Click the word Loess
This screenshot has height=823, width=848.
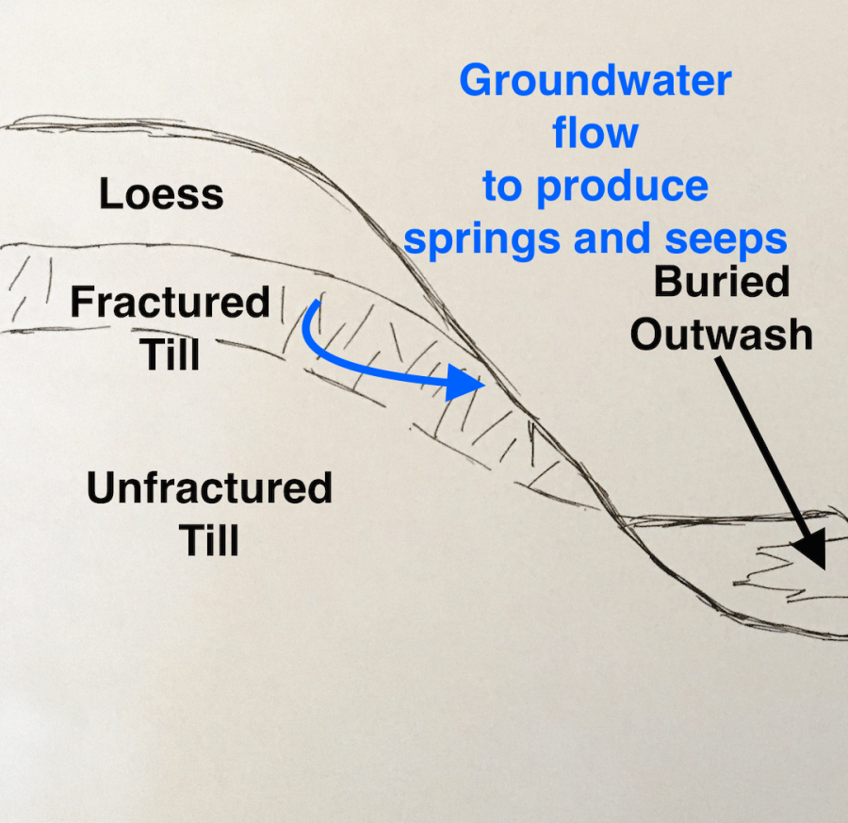pos(161,195)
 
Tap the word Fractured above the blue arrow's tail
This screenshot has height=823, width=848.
pos(170,304)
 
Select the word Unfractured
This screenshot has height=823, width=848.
pos(209,489)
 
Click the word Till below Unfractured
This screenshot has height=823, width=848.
pos(209,541)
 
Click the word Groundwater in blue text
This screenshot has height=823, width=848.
pos(595,82)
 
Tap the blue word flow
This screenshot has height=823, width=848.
pos(595,133)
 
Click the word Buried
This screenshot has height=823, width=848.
pos(721,283)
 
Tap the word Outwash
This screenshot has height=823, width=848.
pos(721,335)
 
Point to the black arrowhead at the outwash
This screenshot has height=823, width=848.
pos(810,550)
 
